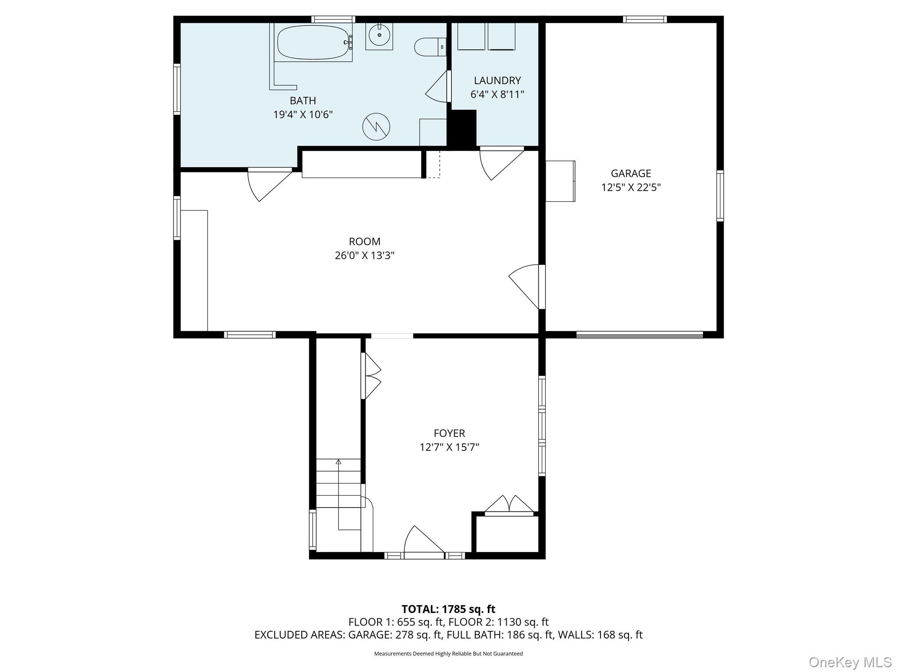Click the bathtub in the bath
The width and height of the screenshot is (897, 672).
[x=314, y=42]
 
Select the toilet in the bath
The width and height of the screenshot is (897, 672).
[x=431, y=47]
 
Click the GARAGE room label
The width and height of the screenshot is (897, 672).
[x=631, y=173]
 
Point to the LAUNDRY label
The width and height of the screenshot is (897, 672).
[x=497, y=80]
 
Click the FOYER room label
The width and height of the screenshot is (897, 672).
[x=449, y=433]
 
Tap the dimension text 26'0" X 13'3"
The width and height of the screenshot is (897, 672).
[x=365, y=255]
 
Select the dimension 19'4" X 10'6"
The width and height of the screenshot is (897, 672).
[x=303, y=115]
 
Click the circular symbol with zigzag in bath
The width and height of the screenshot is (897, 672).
[x=376, y=126]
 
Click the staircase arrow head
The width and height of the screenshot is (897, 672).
[x=338, y=461]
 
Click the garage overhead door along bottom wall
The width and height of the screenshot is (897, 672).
[x=639, y=335]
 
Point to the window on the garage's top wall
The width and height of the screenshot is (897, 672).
[x=645, y=19]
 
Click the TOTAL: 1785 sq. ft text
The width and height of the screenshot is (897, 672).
[x=448, y=609]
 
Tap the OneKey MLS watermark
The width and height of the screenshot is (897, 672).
[x=850, y=662]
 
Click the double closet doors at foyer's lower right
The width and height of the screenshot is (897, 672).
[x=509, y=505]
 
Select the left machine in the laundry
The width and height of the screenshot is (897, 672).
[x=471, y=36]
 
